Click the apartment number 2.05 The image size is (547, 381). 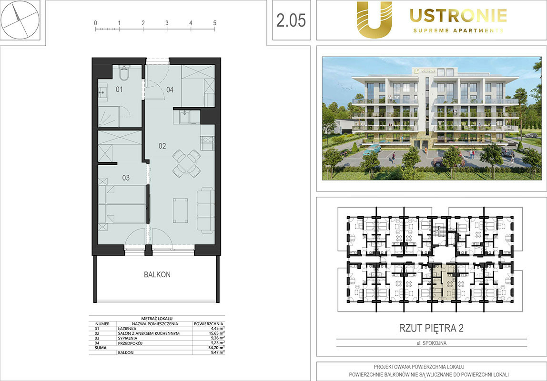(291, 20)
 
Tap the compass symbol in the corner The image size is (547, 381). (20, 20)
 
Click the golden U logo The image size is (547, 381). (374, 20)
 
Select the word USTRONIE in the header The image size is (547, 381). (458, 15)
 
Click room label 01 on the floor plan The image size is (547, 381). (119, 90)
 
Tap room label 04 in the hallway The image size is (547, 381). (170, 90)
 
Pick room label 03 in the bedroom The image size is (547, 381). (126, 178)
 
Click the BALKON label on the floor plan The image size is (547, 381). (157, 275)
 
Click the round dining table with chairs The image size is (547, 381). (187, 163)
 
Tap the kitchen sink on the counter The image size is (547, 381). (184, 117)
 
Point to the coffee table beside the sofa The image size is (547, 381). (181, 210)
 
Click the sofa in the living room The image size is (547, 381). (205, 210)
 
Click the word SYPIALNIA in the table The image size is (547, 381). (128, 338)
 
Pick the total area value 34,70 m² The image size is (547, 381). (217, 348)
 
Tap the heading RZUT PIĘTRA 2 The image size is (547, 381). (431, 328)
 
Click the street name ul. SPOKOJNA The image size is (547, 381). (432, 343)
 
